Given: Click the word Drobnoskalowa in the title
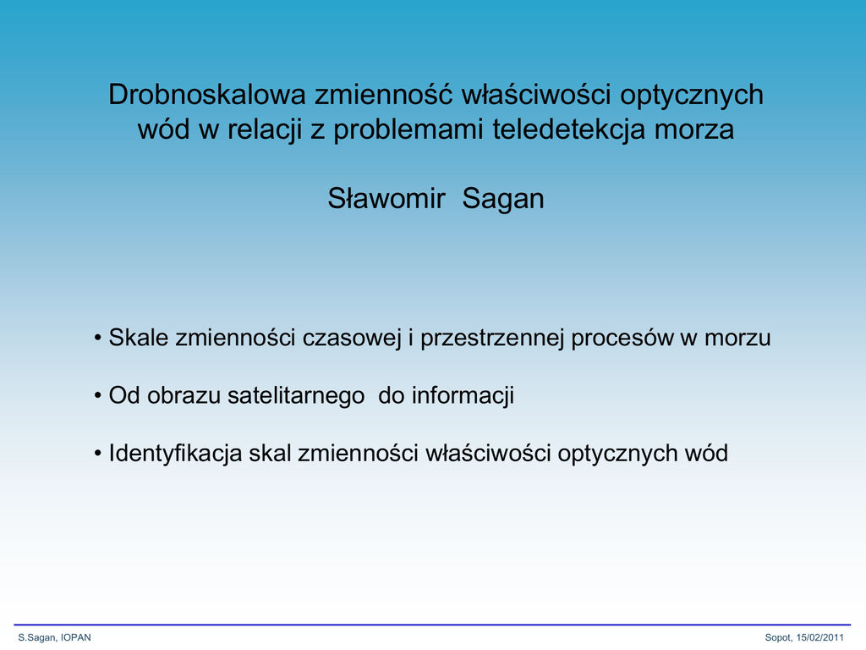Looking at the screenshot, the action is pyautogui.click(x=206, y=94).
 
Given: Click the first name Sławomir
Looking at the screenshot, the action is pyautogui.click(x=386, y=198).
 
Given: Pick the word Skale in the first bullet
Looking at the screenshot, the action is pyautogui.click(x=138, y=337).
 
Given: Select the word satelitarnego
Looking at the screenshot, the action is pyautogui.click(x=296, y=396).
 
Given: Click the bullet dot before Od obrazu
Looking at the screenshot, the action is pyautogui.click(x=98, y=396).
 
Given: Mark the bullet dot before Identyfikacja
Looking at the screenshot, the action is pyautogui.click(x=98, y=454).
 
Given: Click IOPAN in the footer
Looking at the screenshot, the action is pyautogui.click(x=75, y=637).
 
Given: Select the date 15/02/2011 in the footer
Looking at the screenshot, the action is pyautogui.click(x=819, y=637).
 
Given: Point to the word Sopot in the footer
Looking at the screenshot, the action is pyautogui.click(x=778, y=638).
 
